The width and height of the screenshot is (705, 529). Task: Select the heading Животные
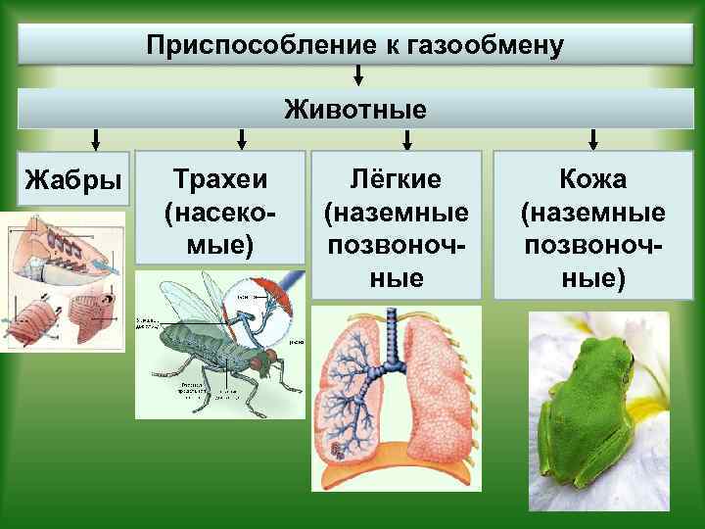point(355,109)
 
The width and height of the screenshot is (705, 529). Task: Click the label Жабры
point(73,180)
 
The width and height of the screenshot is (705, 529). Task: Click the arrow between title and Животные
point(359,75)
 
